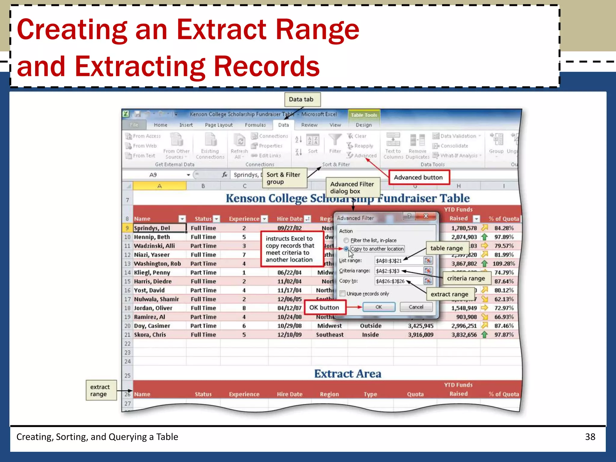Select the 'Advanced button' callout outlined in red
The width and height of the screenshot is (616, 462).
tap(418, 177)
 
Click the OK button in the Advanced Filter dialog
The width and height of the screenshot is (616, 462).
tap(379, 307)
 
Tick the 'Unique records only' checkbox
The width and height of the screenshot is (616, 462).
tap(343, 294)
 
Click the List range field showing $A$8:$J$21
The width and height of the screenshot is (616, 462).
tap(398, 260)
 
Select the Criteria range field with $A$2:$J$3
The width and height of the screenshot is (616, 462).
tap(398, 271)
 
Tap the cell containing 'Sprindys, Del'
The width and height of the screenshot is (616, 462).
tap(159, 228)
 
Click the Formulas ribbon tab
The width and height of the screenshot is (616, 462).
tap(255, 125)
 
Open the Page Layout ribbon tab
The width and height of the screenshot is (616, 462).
tap(219, 125)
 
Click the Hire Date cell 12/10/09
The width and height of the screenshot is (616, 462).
tap(289, 334)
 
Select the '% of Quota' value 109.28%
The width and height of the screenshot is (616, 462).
tap(504, 263)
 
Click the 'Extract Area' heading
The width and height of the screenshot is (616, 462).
tap(348, 374)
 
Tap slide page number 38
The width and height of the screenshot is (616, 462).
tap(590, 437)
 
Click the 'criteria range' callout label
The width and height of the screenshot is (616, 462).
tap(466, 279)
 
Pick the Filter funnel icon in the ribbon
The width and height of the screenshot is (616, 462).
tap(335, 140)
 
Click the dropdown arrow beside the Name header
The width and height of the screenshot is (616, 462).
tap(182, 219)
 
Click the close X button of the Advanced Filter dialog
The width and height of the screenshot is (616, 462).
tap(426, 216)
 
